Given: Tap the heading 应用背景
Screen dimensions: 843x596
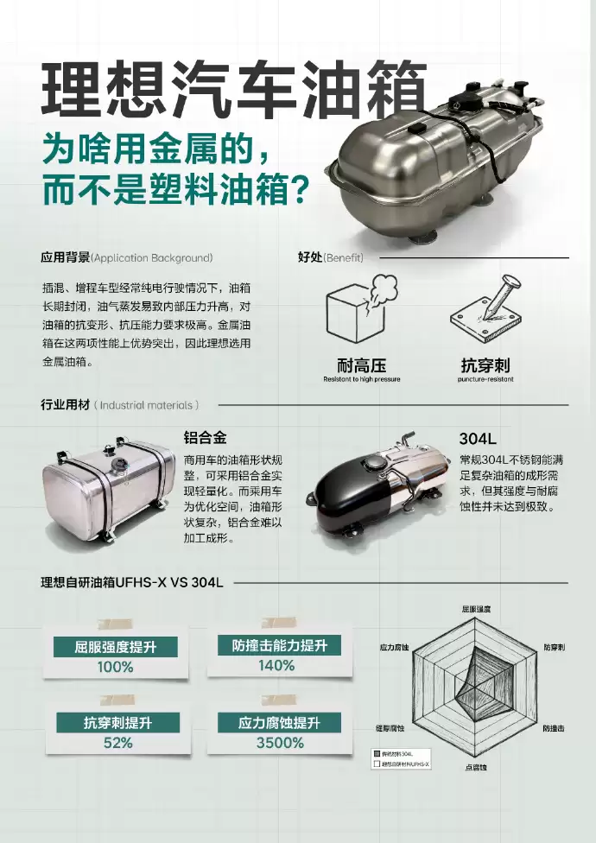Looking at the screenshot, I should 66,257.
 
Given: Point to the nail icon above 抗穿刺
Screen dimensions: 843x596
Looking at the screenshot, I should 484,307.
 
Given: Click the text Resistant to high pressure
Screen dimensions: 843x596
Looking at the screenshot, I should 361,379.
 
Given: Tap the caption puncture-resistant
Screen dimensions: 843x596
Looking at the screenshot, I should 485,379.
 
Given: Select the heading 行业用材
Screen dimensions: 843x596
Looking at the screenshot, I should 65,404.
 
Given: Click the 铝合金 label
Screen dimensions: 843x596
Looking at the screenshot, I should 205,437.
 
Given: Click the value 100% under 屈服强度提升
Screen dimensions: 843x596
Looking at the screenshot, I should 115,667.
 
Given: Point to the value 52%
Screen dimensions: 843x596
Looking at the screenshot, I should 117,743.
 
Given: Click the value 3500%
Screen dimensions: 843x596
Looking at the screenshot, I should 279,743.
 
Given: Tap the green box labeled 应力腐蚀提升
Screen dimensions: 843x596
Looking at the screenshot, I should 279,723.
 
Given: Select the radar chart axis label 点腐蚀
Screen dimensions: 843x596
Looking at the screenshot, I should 476,767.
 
